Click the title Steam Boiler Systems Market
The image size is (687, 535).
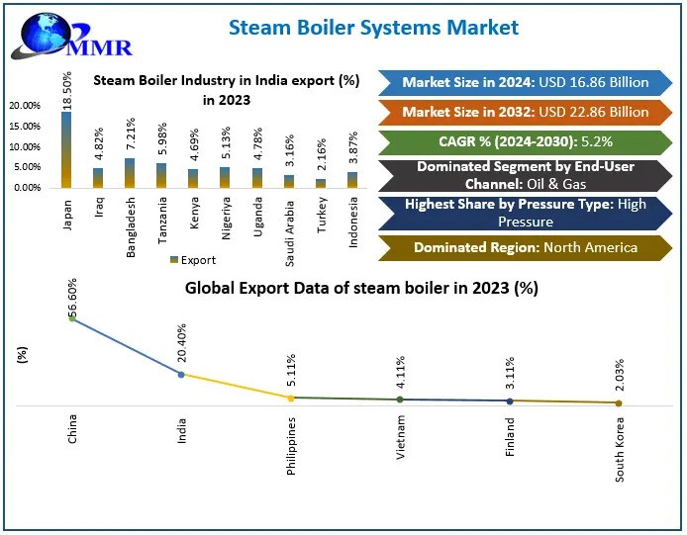[373, 27]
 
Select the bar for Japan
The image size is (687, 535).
[66, 149]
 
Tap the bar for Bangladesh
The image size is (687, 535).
[130, 172]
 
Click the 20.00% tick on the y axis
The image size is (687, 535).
[25, 106]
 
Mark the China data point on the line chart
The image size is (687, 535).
[72, 318]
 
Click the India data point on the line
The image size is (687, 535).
[181, 375]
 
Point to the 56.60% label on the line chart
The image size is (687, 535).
[72, 295]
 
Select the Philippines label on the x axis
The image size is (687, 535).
[291, 445]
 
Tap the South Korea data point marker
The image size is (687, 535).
[619, 402]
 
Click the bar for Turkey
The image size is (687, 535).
[320, 183]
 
